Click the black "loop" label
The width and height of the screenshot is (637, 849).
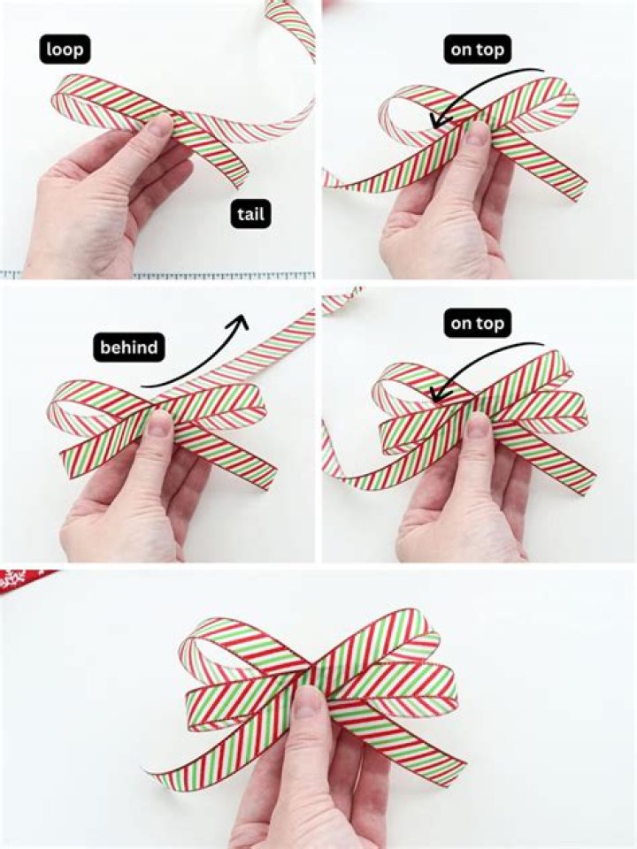(64, 49)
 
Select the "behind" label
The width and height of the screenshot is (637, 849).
(129, 348)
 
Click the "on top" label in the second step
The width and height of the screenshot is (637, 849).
(477, 49)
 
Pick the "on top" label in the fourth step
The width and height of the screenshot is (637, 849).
(477, 324)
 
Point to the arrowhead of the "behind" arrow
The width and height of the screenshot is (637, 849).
(239, 321)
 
